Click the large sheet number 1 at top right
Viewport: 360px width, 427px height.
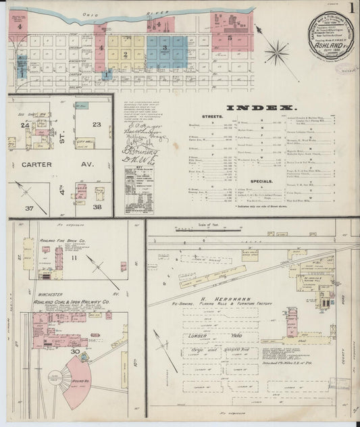tap(352, 10)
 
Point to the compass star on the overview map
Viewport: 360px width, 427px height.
tap(277, 51)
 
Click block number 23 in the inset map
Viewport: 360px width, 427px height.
tap(97, 124)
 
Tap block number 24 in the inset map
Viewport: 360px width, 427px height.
tap(24, 125)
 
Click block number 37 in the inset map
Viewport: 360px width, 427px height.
tap(29, 208)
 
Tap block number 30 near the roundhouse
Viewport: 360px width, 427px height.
tap(76, 351)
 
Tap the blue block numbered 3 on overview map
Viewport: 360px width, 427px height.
tap(165, 49)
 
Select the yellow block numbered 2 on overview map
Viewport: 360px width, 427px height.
tap(126, 53)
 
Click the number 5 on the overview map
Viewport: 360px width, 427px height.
tap(230, 39)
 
